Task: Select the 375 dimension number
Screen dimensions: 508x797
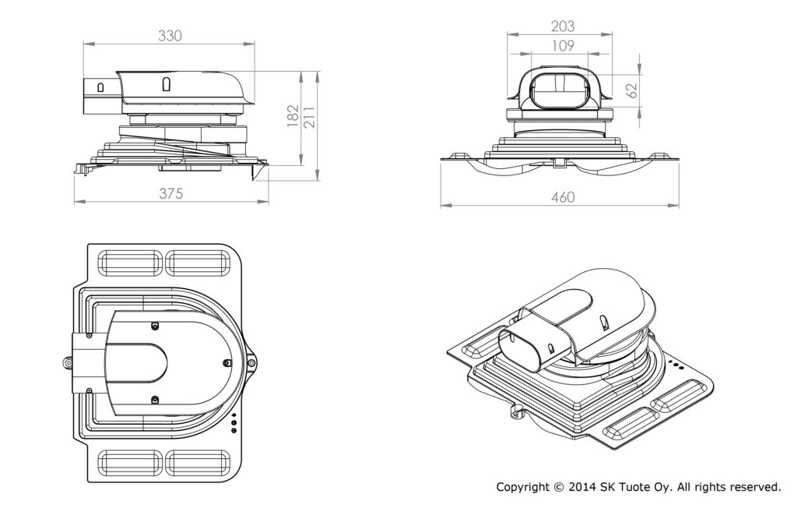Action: click(170, 194)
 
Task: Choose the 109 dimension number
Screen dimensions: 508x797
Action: click(557, 46)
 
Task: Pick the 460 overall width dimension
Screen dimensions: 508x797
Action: click(562, 198)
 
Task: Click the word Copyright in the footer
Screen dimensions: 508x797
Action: click(523, 487)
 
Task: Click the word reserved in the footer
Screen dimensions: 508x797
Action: click(750, 487)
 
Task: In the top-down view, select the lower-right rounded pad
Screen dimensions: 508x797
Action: click(198, 464)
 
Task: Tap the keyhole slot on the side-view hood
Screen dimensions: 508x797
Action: click(165, 83)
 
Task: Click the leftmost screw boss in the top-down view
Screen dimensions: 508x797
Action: click(69, 363)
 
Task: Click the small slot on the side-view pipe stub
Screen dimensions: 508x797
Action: click(100, 86)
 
